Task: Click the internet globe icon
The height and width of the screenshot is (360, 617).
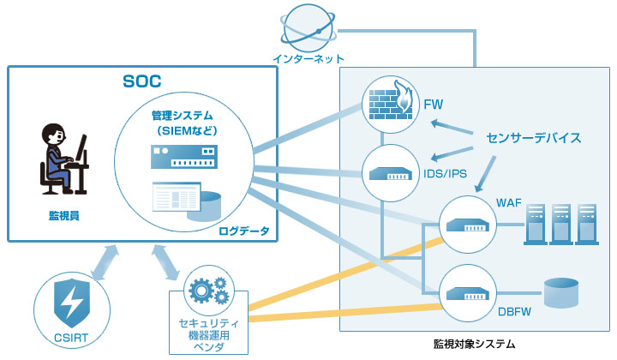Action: pyautogui.click(x=308, y=27)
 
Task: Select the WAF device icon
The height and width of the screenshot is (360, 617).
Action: pyautogui.click(x=467, y=225)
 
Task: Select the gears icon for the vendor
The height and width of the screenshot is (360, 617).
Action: pyautogui.click(x=208, y=292)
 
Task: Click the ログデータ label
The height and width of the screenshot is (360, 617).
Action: pyautogui.click(x=244, y=231)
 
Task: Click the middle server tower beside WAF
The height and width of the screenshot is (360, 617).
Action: pyautogui.click(x=562, y=224)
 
